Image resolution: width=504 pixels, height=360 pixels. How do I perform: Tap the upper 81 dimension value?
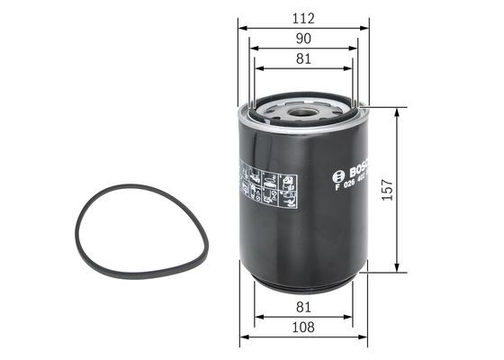pyautogui.click(x=303, y=58)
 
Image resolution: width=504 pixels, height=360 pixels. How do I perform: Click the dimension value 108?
pyautogui.click(x=303, y=329)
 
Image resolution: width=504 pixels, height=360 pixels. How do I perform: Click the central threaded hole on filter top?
pyautogui.click(x=305, y=112)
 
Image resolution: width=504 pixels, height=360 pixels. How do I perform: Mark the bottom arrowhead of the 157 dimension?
pyautogui.click(x=396, y=269)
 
